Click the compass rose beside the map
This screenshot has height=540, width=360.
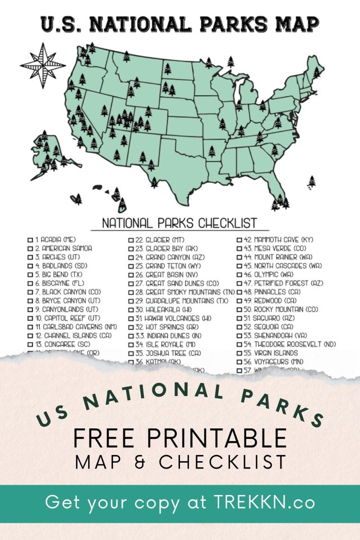coord(43,66)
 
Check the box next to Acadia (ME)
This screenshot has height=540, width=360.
coord(30,240)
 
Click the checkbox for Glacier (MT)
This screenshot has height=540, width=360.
coord(131,240)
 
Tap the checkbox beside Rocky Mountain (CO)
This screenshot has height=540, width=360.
coord(240,310)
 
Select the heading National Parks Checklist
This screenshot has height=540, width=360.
coord(179,224)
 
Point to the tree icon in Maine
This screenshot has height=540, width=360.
coord(316,73)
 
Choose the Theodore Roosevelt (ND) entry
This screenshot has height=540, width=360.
coord(289,344)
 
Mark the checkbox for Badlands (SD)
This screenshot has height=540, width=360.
coord(30,266)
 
